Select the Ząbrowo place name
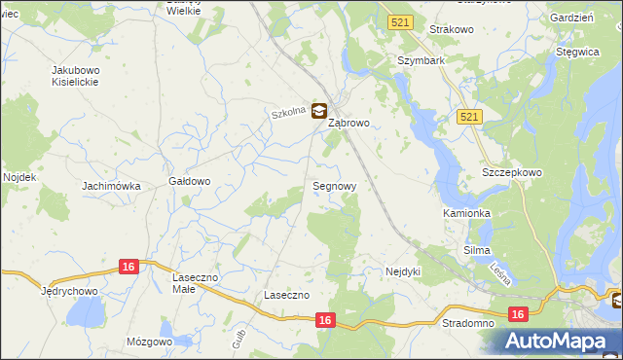click(x=348, y=124)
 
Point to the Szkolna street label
click(x=289, y=113)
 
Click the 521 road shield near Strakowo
click(x=399, y=21)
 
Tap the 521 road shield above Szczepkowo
click(x=469, y=117)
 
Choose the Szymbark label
click(x=421, y=60)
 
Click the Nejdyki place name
click(x=402, y=271)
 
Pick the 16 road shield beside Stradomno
click(x=518, y=314)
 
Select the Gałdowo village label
click(x=190, y=181)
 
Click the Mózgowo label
click(x=149, y=342)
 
